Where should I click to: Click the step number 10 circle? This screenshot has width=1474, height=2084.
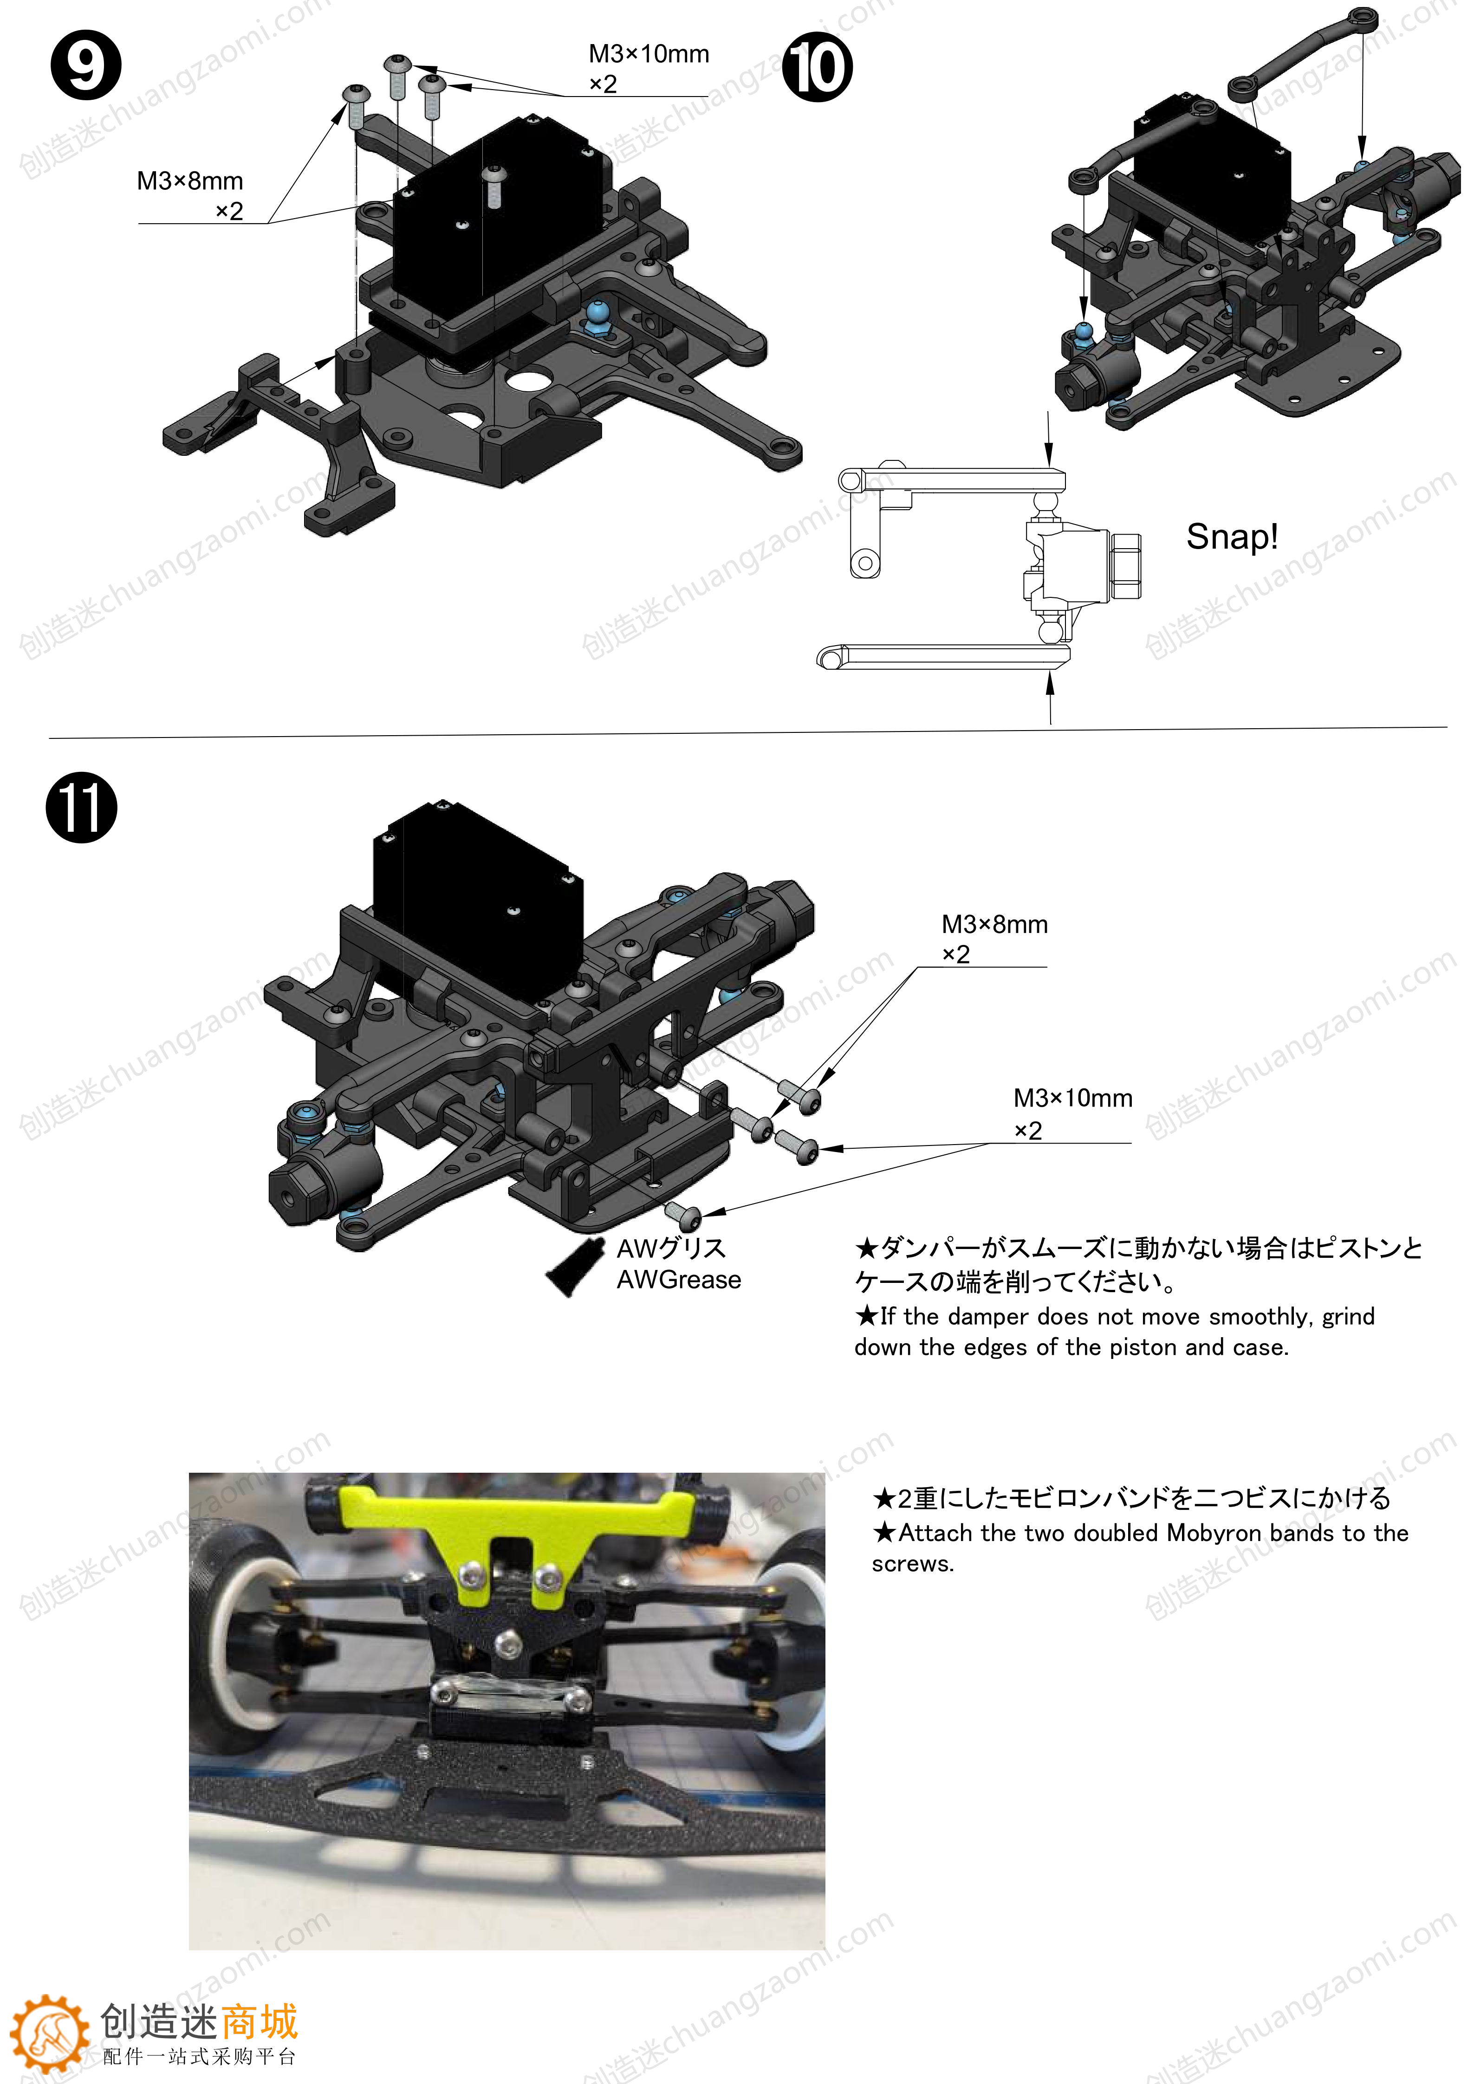click(817, 67)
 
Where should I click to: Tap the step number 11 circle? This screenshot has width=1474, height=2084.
click(82, 808)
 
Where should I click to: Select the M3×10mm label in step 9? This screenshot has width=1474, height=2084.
click(648, 54)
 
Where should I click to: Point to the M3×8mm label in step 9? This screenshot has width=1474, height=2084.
click(190, 181)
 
